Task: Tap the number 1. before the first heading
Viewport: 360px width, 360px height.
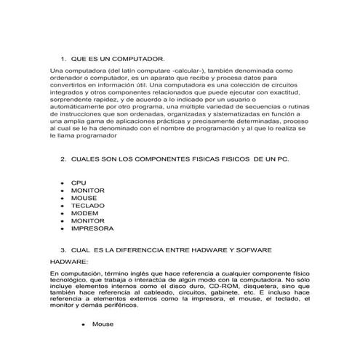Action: (63, 57)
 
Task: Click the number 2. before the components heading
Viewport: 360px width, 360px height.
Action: (63, 158)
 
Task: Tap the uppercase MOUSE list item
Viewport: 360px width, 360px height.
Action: (84, 197)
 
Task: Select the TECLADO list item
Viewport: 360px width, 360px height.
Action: (87, 205)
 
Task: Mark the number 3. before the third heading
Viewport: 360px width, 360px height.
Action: (63, 249)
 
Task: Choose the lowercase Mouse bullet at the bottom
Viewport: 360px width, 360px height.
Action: (102, 325)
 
